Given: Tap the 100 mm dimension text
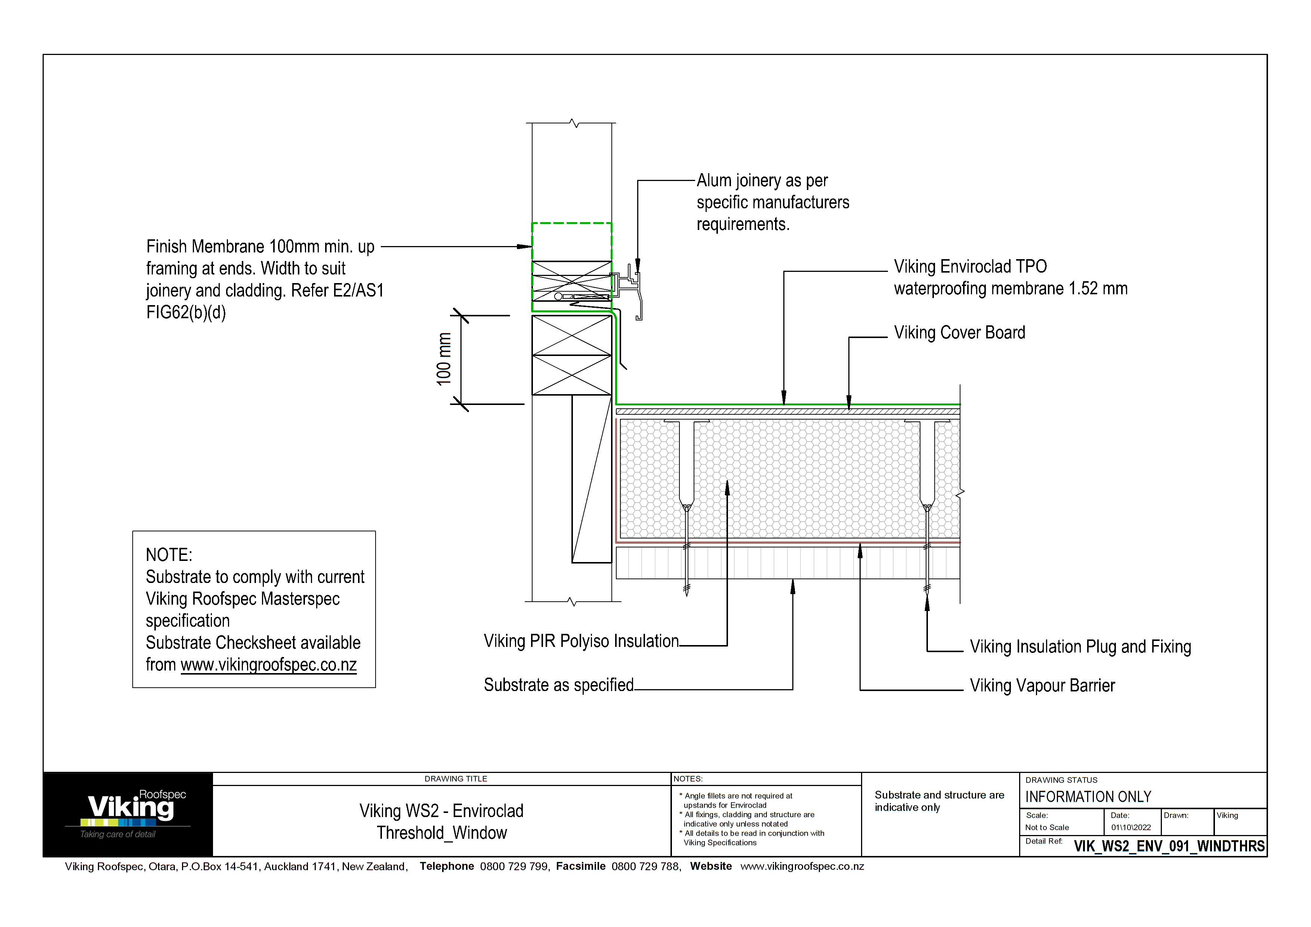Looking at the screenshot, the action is (444, 359).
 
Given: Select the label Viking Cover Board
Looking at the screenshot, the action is (959, 332).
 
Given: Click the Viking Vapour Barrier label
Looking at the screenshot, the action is (1042, 685).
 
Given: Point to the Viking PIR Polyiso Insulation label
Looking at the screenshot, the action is (581, 641).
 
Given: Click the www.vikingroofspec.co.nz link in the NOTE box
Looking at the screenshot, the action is (268, 665).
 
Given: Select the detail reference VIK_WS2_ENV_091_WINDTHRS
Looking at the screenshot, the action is (1169, 846).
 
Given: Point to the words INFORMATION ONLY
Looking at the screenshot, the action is (1088, 797).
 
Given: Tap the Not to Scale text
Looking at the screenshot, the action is (1047, 827).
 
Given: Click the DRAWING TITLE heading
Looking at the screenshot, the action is (456, 779).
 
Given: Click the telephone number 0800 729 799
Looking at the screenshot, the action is (514, 866).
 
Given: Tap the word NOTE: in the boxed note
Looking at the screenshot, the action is (169, 555).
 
